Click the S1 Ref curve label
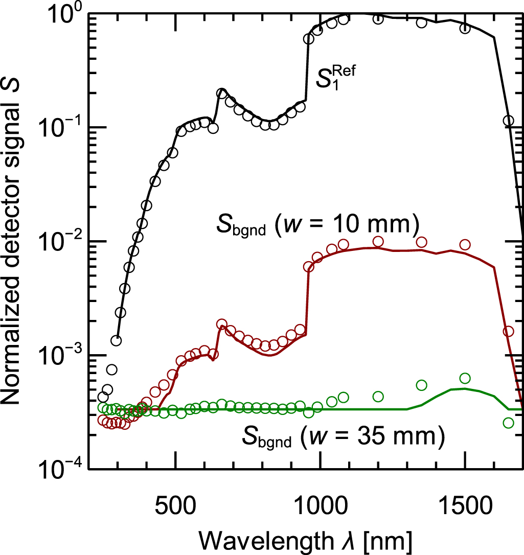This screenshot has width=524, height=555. pyautogui.click(x=335, y=79)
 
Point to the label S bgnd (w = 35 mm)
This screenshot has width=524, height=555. pyautogui.click(x=341, y=437)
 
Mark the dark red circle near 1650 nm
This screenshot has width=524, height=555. pyautogui.click(x=508, y=332)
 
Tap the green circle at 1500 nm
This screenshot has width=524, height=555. pyautogui.click(x=465, y=378)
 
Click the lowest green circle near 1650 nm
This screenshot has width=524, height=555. pyautogui.click(x=508, y=423)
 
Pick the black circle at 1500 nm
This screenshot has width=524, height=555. pyautogui.click(x=465, y=28)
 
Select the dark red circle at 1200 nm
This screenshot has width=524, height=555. pyautogui.click(x=378, y=241)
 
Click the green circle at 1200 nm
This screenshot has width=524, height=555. pyautogui.click(x=378, y=396)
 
